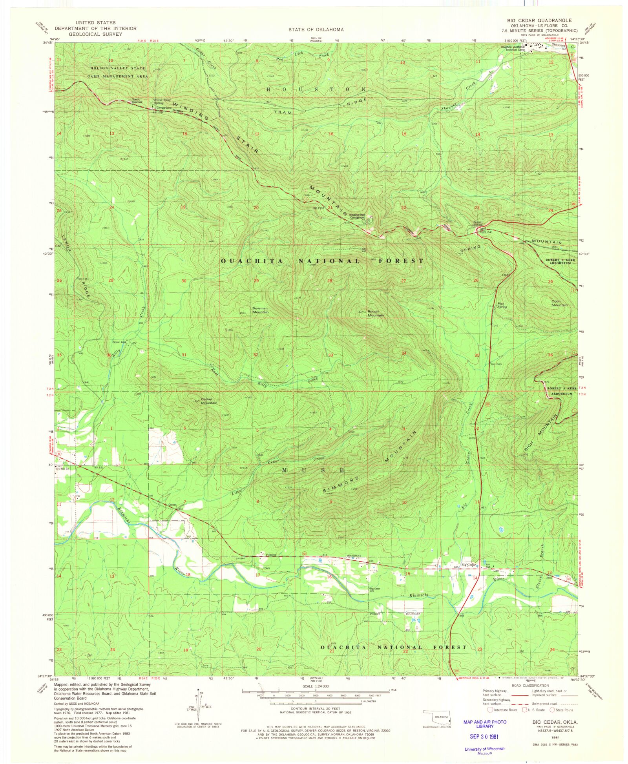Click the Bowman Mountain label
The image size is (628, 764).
[260, 310]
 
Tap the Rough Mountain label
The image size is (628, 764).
[375, 314]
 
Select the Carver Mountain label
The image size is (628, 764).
[209, 401]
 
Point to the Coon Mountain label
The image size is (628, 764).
[559, 303]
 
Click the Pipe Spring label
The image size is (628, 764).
[502, 305]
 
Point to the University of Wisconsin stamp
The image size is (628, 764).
[484, 749]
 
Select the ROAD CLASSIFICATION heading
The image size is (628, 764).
[530, 686]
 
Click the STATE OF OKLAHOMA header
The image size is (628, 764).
[316, 29]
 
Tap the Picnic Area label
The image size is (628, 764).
[119, 342]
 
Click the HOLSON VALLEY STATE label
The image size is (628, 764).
[118, 68]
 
